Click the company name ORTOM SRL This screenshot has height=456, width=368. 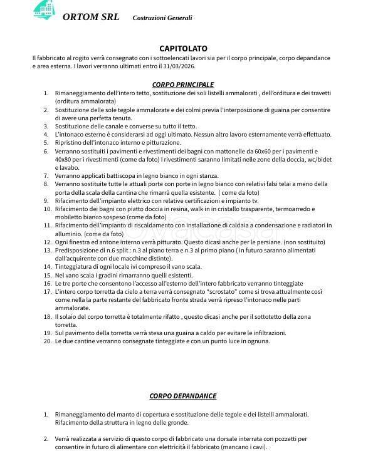click(x=91, y=17)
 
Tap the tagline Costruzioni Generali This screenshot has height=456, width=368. click(x=162, y=18)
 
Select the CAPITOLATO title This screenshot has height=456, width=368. click(x=183, y=48)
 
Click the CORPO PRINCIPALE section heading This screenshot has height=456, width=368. click(x=183, y=84)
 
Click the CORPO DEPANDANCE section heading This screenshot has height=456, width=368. click(x=183, y=396)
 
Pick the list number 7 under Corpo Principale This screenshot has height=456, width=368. click(x=46, y=176)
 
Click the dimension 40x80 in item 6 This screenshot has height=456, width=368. click(x=65, y=160)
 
